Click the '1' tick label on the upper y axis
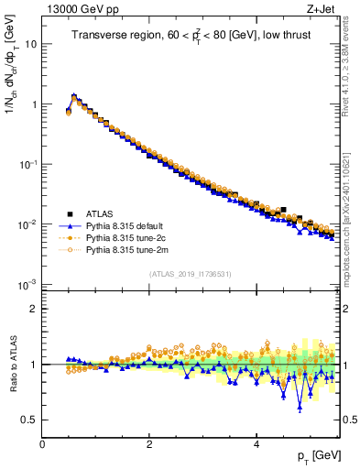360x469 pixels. tap(33, 104)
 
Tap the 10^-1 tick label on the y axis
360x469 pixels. tap(27, 164)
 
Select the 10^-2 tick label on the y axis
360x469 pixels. tap(27, 224)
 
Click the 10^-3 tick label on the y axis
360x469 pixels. tap(27, 284)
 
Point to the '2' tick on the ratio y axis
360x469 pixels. tap(33, 309)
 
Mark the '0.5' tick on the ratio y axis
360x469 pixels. tap(29, 420)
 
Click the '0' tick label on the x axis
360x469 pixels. tap(42, 443)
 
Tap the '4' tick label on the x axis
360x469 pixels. tap(256, 443)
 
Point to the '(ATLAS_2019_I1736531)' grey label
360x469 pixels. tap(190, 274)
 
